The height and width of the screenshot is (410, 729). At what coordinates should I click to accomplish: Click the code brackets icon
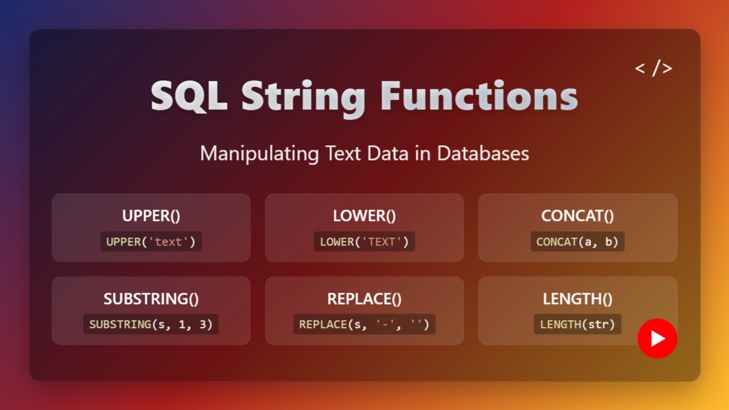point(653,68)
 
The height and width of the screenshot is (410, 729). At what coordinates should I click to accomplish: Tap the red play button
point(657,338)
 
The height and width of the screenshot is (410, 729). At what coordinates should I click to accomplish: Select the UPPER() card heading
point(151,216)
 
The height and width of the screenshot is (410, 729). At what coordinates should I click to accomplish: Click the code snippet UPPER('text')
point(151,241)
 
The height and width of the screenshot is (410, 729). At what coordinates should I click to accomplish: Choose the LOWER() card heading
point(364,216)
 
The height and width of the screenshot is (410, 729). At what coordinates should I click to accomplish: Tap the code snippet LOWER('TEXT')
point(364,241)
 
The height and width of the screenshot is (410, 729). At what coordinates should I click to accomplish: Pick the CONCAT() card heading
point(578,216)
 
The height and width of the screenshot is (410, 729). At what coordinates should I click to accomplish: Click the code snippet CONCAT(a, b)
point(578,241)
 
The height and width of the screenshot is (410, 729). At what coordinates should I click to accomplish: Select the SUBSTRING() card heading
point(151,299)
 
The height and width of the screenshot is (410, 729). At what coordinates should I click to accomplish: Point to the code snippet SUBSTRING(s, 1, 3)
point(151,325)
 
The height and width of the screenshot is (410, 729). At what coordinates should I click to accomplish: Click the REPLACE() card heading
point(364,299)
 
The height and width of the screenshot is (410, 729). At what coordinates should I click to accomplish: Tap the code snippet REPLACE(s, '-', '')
point(364,325)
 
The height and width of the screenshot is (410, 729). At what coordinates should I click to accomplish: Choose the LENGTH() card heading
point(578,299)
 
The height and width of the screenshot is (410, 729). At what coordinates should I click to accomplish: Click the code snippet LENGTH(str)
point(578,325)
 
